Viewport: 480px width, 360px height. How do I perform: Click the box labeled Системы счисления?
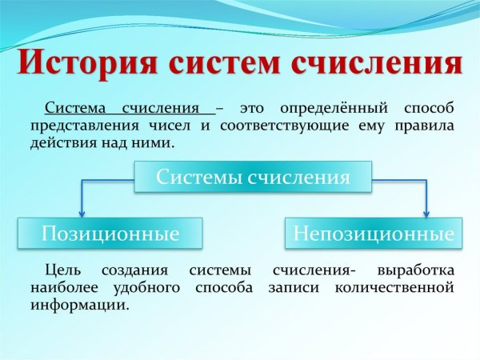tap(253, 177)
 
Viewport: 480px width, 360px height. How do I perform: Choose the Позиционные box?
tap(110, 234)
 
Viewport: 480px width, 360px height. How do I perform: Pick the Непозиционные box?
tap(373, 234)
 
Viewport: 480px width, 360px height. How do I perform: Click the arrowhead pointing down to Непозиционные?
tap(426, 212)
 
